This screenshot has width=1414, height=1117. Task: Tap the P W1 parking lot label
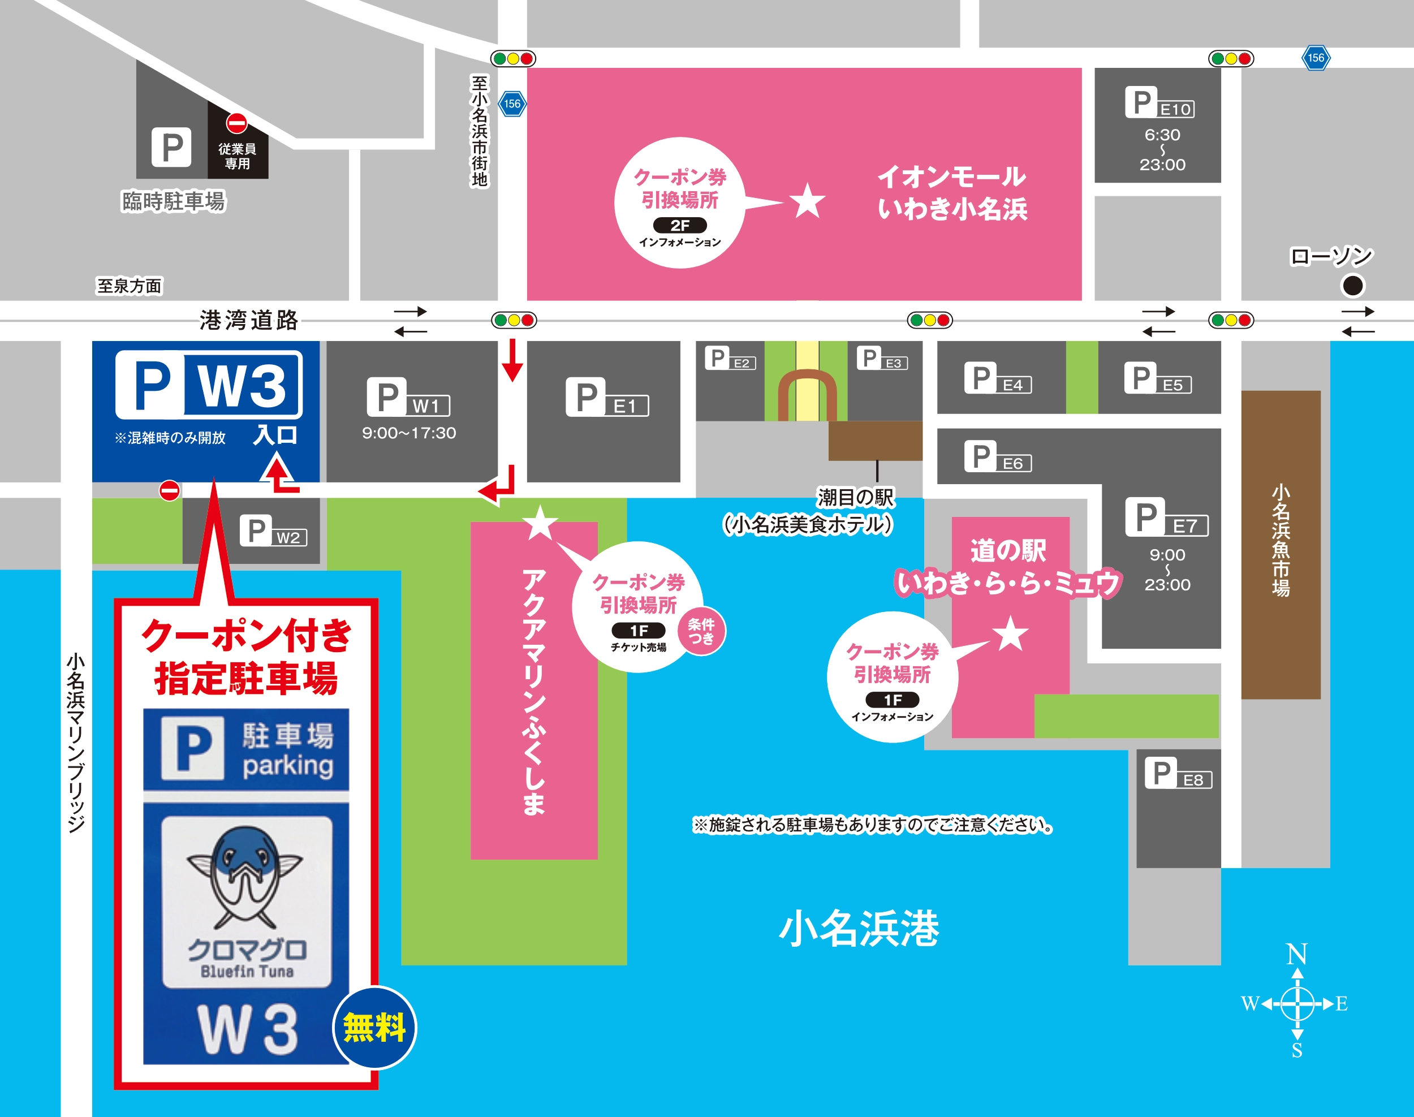(408, 397)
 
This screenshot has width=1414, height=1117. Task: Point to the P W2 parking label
(273, 531)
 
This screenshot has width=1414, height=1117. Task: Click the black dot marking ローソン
(1352, 285)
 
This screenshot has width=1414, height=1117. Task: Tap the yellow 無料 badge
(374, 1028)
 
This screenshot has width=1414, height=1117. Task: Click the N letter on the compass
(1296, 955)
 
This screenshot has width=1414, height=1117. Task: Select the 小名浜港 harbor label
(859, 929)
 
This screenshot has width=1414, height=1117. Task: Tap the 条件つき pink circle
(701, 631)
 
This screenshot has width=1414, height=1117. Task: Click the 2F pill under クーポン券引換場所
(679, 226)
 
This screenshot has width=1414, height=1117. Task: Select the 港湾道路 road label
(248, 320)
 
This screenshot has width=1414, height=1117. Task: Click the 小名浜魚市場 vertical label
(1281, 540)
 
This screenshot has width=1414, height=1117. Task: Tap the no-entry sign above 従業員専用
(237, 122)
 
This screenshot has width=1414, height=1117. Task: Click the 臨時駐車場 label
(173, 201)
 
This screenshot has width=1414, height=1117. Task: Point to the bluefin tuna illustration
(246, 876)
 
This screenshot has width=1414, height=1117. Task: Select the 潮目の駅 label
(855, 498)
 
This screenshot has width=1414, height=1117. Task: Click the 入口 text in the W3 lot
(275, 435)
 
